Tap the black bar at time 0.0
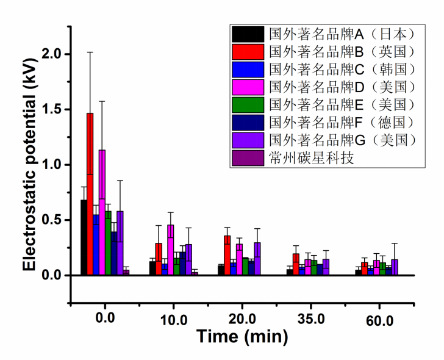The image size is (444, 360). click(x=84, y=237)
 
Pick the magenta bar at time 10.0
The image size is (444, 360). click(x=170, y=250)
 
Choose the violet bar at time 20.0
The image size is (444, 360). click(x=257, y=259)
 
